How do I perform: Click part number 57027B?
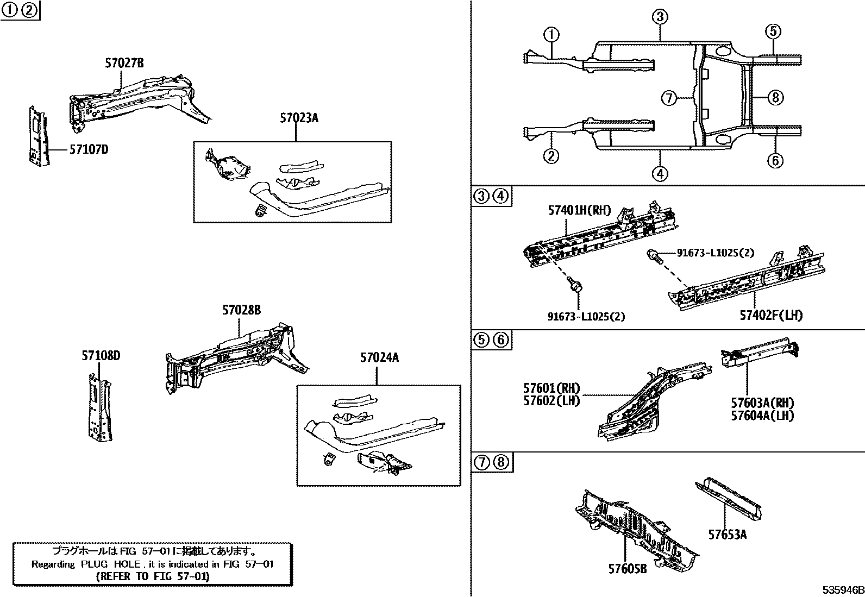[x=124, y=64]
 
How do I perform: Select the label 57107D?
[x=88, y=149]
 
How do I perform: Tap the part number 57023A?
[x=299, y=117]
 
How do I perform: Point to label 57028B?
[x=241, y=310]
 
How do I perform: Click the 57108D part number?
[x=101, y=356]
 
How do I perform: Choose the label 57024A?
[x=379, y=357]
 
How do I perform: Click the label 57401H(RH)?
[x=579, y=210]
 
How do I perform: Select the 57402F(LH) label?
[x=770, y=315]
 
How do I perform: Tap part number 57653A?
[x=727, y=535]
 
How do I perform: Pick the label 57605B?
[x=627, y=569]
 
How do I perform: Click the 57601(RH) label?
[x=551, y=388]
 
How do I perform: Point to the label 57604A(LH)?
[x=762, y=415]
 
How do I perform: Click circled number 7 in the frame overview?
[x=669, y=98]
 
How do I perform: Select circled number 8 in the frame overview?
[x=775, y=98]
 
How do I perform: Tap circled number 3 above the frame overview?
[x=660, y=17]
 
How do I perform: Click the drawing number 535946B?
[x=842, y=590]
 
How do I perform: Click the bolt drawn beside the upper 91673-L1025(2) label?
[x=654, y=255]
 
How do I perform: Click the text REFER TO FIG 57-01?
[x=152, y=576]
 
